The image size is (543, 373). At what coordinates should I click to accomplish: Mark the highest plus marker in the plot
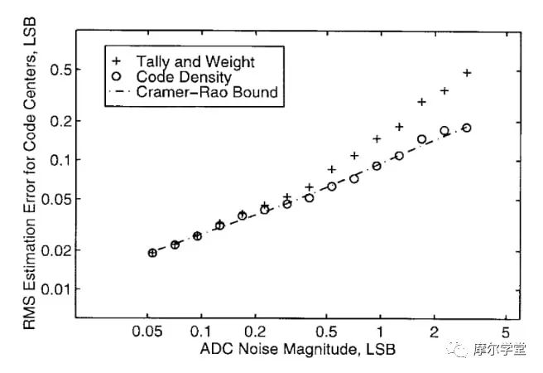[467, 73]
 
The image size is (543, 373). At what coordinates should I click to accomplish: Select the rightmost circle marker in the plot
[467, 128]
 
